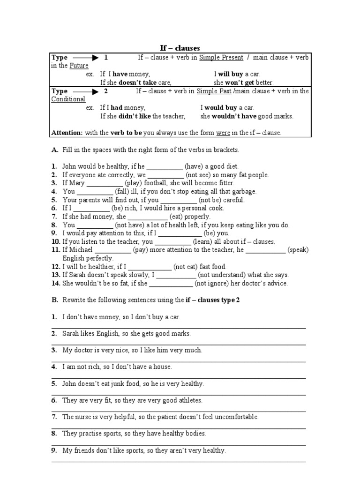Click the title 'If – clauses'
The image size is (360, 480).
tap(180, 48)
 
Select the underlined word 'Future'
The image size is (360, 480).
tap(79, 66)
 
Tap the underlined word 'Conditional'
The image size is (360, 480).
tap(68, 99)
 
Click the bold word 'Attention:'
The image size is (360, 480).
tap(67, 133)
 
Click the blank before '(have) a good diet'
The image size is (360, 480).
tap(165, 166)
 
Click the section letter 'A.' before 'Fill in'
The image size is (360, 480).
tap(55, 150)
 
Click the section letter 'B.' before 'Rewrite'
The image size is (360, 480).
tap(55, 300)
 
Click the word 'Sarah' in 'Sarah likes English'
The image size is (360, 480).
tap(71, 334)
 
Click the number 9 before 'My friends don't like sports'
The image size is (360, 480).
tap(54, 451)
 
